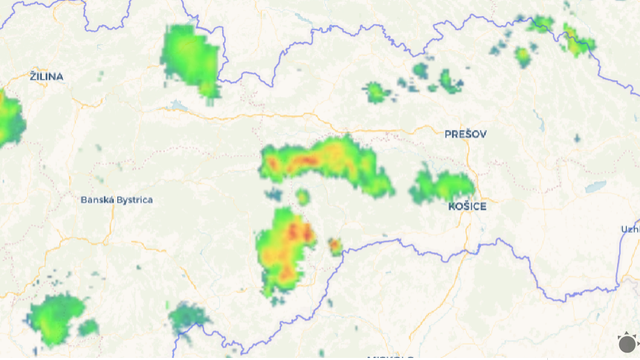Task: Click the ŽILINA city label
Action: (47, 76)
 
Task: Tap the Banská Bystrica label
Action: (117, 200)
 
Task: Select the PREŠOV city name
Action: (465, 133)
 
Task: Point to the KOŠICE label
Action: (467, 206)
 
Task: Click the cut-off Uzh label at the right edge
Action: (630, 229)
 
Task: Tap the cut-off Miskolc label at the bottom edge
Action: (390, 356)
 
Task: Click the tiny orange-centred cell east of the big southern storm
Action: (335, 246)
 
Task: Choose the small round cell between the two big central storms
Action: (302, 197)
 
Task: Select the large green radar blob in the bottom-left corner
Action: (58, 319)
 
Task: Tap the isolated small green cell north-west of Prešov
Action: (377, 93)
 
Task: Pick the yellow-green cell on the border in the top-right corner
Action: (577, 43)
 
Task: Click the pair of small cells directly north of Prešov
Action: (448, 80)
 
